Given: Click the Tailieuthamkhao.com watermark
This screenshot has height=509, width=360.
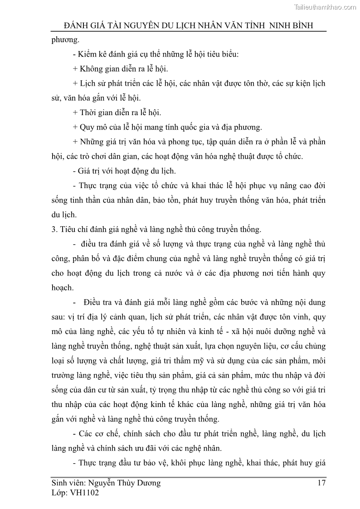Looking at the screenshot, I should [x=326, y=7].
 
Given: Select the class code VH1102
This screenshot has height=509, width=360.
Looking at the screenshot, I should [x=84, y=493].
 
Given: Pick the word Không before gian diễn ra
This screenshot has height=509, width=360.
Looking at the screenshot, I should [x=93, y=69].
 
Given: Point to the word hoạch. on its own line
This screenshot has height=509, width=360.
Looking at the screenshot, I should [x=63, y=287].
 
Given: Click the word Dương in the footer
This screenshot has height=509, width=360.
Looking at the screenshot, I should [x=147, y=483].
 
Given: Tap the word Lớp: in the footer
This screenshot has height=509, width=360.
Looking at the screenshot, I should [x=61, y=493].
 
